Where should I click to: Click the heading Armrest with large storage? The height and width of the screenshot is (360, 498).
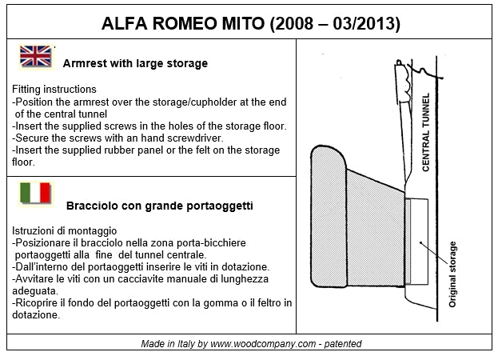point(135,63)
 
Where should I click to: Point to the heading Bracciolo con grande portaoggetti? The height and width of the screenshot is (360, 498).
point(160,206)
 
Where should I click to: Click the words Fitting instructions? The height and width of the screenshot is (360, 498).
point(54,90)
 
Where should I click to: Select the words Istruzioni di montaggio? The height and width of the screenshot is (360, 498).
point(65,230)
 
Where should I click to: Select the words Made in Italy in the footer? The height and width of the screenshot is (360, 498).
point(165,344)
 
